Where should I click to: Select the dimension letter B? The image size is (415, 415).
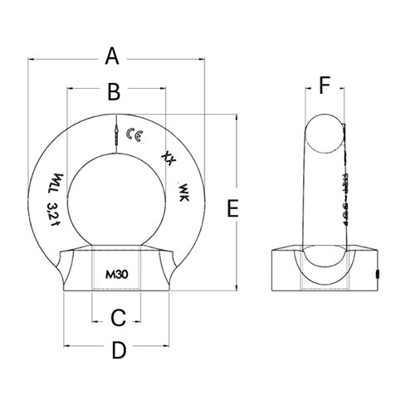(115, 90)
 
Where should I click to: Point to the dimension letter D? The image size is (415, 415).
(118, 351)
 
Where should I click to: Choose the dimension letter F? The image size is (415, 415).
(325, 85)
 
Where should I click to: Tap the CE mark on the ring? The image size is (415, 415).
(132, 134)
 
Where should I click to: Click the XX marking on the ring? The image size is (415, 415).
(148, 157)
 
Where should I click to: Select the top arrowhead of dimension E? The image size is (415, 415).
(239, 115)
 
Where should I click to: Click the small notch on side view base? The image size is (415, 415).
(378, 272)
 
